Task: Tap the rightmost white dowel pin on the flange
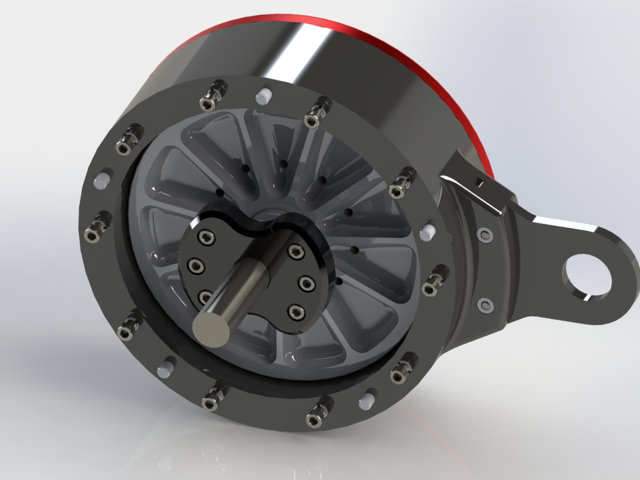pos(428,229)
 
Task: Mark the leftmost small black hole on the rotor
pos(219,192)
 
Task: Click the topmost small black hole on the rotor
pos(283,163)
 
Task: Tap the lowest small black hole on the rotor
pos(339,282)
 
